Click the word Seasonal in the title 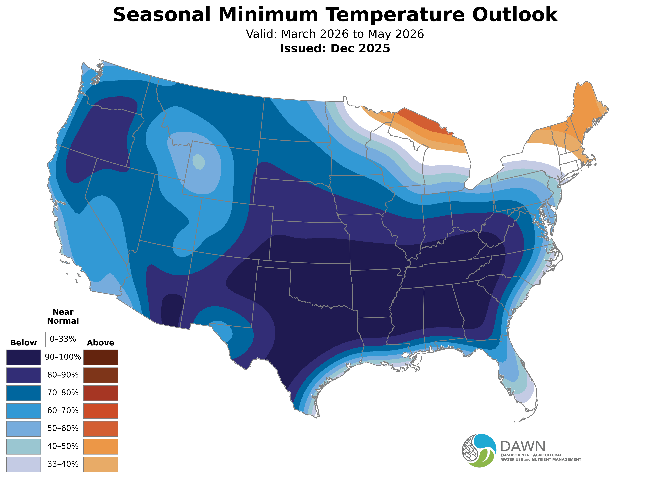(162, 15)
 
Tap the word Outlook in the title (515, 15)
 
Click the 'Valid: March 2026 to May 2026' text (335, 34)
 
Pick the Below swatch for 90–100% (24, 357)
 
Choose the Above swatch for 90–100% (101, 357)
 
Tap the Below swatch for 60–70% (24, 411)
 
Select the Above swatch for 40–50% (101, 446)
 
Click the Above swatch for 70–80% (101, 393)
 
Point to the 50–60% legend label (63, 428)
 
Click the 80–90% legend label (63, 375)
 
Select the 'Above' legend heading (101, 343)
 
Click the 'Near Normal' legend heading (63, 316)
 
